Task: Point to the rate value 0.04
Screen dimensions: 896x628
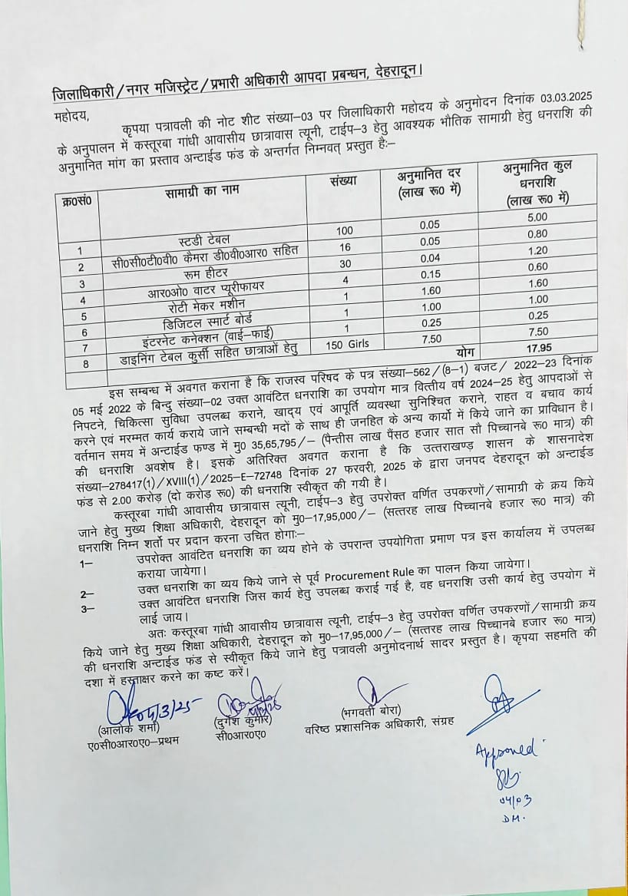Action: coord(431,258)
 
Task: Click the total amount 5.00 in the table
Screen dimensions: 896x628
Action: coord(537,217)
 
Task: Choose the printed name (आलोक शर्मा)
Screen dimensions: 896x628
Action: coord(125,729)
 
